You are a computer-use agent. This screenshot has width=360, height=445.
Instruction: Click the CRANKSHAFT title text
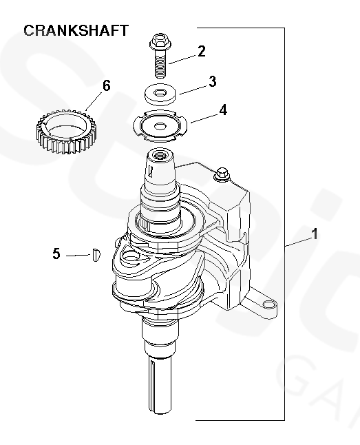pos(76,30)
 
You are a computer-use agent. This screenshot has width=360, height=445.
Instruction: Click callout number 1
pos(315,234)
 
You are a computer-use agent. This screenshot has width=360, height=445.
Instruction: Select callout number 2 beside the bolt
pos(202,52)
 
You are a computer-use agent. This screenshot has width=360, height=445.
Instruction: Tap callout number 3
pos(213,81)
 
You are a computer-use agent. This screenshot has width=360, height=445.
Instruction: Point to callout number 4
pos(223,110)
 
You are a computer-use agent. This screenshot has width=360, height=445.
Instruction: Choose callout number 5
pos(56,253)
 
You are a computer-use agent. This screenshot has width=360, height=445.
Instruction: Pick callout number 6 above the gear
pos(107,85)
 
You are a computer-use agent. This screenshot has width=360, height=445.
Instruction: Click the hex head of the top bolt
pos(160,42)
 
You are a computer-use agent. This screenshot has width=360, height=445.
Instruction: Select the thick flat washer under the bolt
pos(161,94)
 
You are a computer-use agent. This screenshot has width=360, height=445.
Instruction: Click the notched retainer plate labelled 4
pos(160,125)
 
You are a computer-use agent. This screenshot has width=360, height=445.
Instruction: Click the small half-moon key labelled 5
pos(96,255)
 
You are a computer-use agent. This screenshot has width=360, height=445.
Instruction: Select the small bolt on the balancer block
pos(222,174)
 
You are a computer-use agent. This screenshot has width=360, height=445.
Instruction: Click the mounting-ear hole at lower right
pos(268,304)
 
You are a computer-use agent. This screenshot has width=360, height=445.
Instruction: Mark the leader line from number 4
pos(205,118)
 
